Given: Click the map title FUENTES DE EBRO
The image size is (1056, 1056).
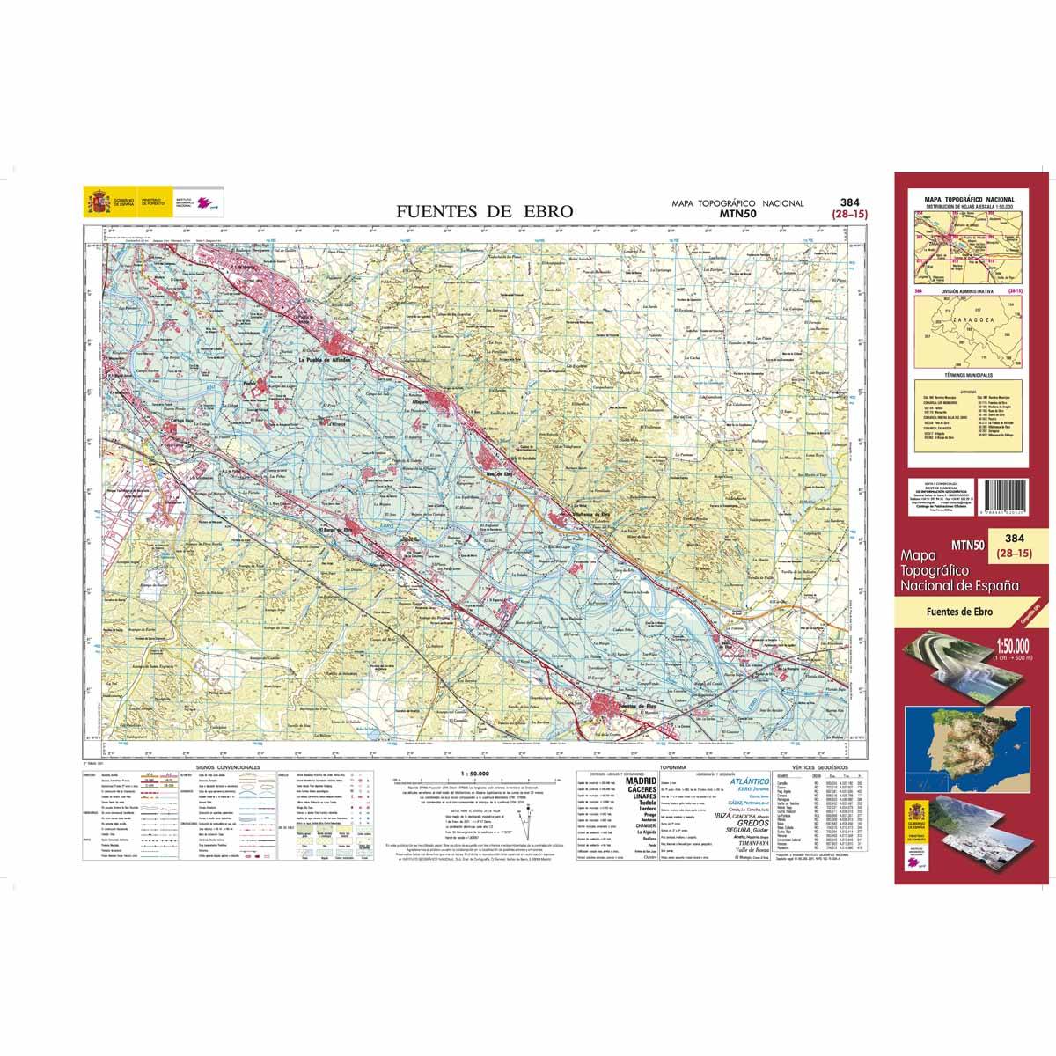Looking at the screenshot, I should tap(484, 211).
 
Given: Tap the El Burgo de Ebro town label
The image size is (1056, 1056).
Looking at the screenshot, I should tap(340, 531).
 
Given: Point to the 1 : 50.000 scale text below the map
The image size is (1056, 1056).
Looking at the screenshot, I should tap(474, 773).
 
